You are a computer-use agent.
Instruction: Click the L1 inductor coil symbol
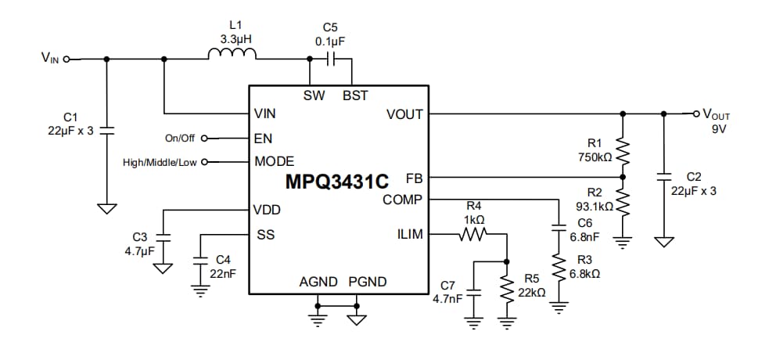pyautogui.click(x=232, y=54)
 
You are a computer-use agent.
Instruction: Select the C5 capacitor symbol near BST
pyautogui.click(x=332, y=59)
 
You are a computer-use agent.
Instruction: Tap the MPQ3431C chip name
pyautogui.click(x=336, y=182)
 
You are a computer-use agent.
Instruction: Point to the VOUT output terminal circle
pyautogui.click(x=696, y=113)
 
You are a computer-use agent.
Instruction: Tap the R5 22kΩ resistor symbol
pyautogui.click(x=508, y=290)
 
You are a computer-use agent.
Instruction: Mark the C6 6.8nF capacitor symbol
pyautogui.click(x=559, y=228)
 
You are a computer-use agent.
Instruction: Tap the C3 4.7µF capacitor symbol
pyautogui.click(x=163, y=236)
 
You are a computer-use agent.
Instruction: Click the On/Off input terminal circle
pyautogui.click(x=205, y=139)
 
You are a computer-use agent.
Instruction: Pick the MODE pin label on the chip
pyautogui.click(x=274, y=162)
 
